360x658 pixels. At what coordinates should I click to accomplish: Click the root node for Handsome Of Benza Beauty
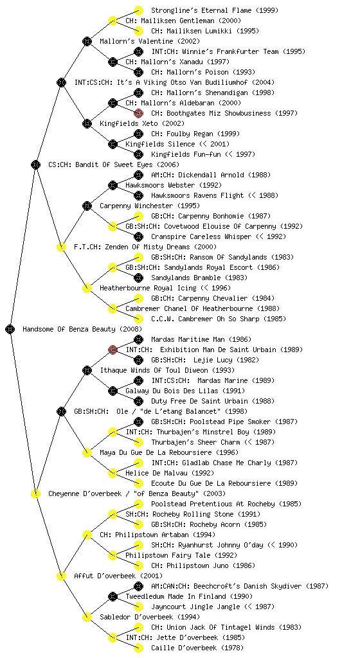10,329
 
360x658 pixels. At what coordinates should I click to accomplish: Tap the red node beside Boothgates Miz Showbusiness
138,113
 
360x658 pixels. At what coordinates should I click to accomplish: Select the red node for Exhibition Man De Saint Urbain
113,350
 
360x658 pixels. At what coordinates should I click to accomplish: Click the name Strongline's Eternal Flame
201,10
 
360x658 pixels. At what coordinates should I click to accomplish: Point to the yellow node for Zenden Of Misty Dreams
61,247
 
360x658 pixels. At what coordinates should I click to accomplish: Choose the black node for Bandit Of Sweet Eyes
35,164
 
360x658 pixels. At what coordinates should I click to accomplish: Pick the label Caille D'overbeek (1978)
197,648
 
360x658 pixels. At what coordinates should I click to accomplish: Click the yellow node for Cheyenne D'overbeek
35,493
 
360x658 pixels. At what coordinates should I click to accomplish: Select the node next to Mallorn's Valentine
87,41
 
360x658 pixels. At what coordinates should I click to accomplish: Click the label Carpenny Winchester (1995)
150,206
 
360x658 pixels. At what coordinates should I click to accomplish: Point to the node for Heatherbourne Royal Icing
87,288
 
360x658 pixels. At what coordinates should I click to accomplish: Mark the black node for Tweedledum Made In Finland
113,596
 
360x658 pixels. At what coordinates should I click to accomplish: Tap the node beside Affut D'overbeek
61,576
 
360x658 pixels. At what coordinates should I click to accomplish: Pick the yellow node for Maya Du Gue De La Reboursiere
87,452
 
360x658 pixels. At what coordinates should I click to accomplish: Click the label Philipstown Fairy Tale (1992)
181,555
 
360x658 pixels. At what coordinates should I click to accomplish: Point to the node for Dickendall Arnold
138,175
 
